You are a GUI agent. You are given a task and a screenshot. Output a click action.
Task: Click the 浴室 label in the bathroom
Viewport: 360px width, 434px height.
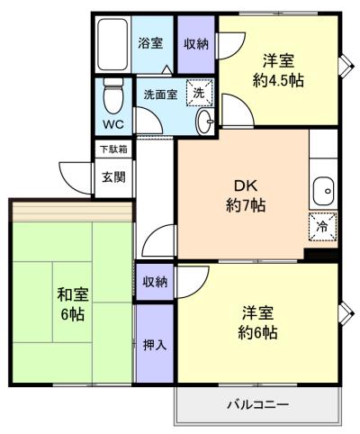tap(150, 44)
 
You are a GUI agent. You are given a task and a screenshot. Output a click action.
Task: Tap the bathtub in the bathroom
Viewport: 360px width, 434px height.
tap(112, 44)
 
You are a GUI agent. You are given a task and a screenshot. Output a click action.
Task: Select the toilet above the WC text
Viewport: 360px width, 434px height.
tap(113, 96)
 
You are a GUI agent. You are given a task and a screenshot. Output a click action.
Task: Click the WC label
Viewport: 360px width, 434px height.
tap(113, 124)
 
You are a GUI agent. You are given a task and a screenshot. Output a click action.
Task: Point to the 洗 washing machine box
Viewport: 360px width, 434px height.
tap(199, 93)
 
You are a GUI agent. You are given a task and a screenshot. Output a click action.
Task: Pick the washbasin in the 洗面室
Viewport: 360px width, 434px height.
tap(205, 122)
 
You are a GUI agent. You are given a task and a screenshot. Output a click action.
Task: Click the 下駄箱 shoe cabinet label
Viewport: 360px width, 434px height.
tap(113, 149)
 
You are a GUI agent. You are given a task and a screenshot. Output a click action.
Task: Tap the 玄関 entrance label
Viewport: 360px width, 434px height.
tap(113, 177)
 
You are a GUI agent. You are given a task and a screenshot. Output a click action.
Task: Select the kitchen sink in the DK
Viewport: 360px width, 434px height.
tap(323, 191)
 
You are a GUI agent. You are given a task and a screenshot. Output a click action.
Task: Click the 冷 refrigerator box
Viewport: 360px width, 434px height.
tap(323, 227)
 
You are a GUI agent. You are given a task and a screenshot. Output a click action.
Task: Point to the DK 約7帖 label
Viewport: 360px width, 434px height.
tap(246, 196)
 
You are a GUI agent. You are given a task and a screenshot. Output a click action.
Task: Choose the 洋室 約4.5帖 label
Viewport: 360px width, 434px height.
tap(278, 71)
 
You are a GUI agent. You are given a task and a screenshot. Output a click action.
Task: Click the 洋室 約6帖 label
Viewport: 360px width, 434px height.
tap(257, 322)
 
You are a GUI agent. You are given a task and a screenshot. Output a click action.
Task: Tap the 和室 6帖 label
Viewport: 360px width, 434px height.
tap(72, 304)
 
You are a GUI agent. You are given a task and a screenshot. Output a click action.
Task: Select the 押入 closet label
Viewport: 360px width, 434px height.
tap(155, 345)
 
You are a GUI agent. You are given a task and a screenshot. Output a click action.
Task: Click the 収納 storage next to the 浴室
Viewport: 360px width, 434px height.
tap(196, 44)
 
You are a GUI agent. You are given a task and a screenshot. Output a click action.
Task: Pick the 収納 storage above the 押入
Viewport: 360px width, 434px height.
tap(155, 282)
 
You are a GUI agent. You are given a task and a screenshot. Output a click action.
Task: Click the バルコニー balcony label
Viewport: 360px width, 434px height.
tap(258, 405)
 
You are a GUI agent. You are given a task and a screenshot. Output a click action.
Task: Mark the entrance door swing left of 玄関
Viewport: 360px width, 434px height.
tap(75, 178)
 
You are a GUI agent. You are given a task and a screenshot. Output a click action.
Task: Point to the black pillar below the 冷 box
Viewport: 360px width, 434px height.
tap(321, 255)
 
